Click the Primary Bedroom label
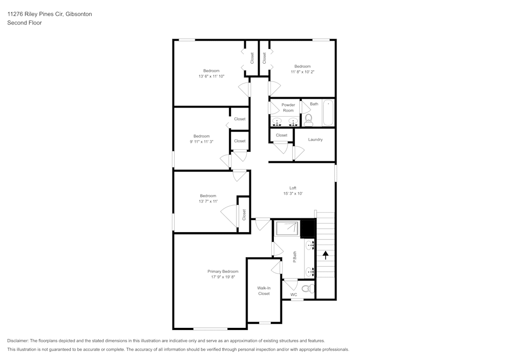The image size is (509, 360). [222, 271]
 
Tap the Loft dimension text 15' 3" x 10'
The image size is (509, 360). [293, 193]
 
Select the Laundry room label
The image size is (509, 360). [315, 140]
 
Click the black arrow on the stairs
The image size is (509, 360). [325, 253]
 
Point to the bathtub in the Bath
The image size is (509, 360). [328, 113]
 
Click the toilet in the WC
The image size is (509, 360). [306, 289]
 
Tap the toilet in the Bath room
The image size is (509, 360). [308, 120]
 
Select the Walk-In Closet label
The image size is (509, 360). [264, 291]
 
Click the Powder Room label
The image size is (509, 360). [288, 107]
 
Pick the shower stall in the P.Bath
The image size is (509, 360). [287, 229]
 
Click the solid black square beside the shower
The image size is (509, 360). [308, 229]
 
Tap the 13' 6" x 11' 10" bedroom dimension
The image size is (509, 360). [211, 76]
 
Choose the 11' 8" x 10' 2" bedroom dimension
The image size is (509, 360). [302, 72]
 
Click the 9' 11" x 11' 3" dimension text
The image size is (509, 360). [201, 142]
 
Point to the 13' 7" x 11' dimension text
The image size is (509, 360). [208, 201]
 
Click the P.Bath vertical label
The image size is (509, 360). [294, 257]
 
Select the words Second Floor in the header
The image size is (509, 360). [24, 23]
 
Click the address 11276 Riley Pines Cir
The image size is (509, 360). [35, 14]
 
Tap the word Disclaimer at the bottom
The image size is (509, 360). [18, 341]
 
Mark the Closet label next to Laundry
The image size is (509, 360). [281, 135]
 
